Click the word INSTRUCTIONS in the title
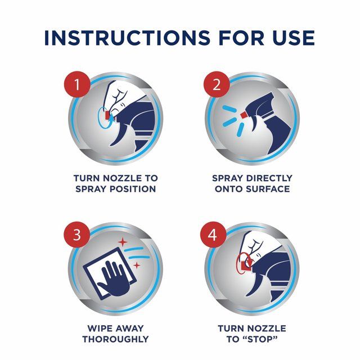click(127, 38)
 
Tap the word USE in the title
click(294, 38)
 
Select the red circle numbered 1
click(77, 84)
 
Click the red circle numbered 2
click(217, 84)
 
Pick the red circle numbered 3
click(77, 235)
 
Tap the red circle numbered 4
click(213, 235)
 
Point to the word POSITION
click(133, 189)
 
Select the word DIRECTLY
click(269, 178)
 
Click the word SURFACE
click(268, 189)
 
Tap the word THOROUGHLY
click(115, 339)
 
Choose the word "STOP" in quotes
click(261, 339)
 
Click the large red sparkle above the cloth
click(123, 242)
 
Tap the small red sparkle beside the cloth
click(137, 265)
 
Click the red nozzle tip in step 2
click(243, 114)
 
